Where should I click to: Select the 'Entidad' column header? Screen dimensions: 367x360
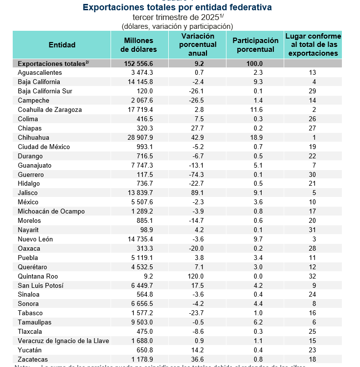[x=62, y=45]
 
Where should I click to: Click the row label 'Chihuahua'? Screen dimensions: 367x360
[x=34, y=138]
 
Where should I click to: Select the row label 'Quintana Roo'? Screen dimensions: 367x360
[x=38, y=276]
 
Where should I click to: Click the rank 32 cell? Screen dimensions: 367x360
[x=313, y=276]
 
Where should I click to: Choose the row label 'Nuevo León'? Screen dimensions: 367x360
[x=35, y=239]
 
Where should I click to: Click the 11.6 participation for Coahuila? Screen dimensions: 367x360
[x=256, y=110]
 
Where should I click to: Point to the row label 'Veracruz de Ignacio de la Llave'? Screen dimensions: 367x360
[x=64, y=341]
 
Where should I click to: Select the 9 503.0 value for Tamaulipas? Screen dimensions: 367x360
[x=140, y=323]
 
